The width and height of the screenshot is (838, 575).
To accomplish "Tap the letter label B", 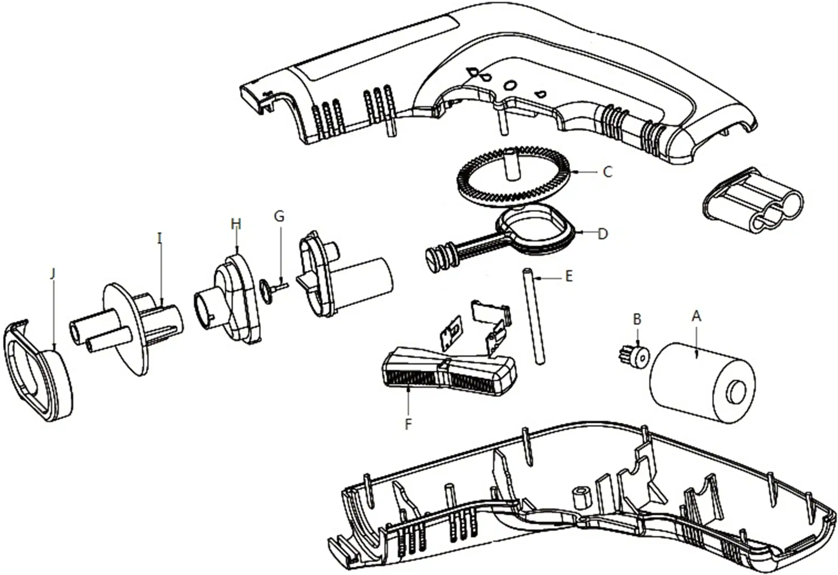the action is [x=637, y=319].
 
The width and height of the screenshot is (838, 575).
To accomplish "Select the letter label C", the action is [x=608, y=172].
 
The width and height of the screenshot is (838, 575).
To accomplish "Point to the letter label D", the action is [x=603, y=234].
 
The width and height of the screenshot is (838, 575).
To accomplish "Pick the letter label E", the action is [x=569, y=277].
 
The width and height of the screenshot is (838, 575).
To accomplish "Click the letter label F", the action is [x=408, y=425].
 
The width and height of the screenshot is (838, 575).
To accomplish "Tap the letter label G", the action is [x=279, y=216].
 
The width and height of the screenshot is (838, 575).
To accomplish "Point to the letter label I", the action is [x=160, y=238].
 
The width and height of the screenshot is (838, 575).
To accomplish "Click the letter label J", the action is [x=53, y=274].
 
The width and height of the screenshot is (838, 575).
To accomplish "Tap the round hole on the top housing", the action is [x=510, y=86].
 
